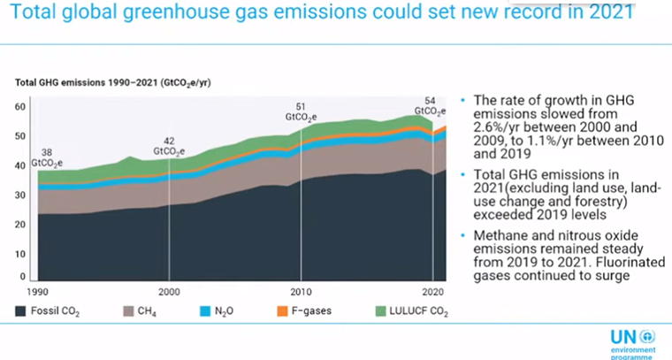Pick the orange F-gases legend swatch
click(283, 311)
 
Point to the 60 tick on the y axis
click(21, 107)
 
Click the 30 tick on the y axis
click(21, 195)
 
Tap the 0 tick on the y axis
click(24, 278)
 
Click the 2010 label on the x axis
click(302, 291)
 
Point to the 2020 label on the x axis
click(431, 291)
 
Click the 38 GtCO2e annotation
click(45, 156)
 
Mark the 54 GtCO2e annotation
click(430, 106)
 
